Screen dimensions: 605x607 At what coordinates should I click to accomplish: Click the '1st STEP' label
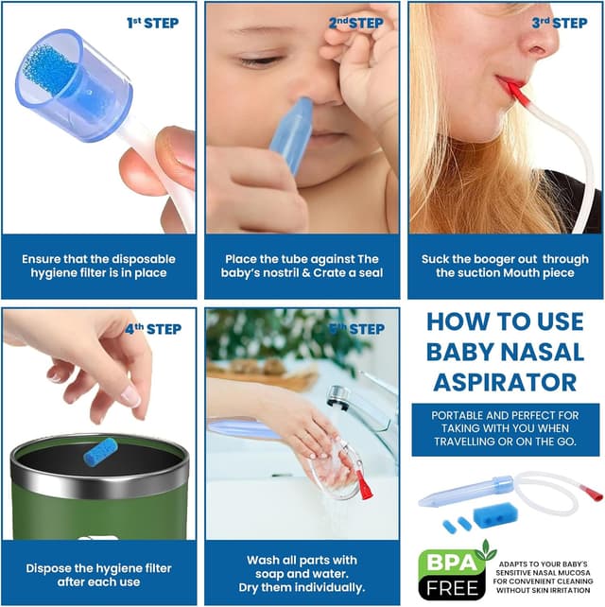152,23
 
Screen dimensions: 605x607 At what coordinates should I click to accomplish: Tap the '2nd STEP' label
356,23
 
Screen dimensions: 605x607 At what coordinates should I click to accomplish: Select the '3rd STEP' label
560,23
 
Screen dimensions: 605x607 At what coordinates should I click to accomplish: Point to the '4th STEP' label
153,329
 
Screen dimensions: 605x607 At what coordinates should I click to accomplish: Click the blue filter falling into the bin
100,451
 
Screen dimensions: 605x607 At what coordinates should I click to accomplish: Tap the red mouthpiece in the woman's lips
514,91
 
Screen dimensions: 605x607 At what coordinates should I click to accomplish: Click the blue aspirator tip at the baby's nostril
293,134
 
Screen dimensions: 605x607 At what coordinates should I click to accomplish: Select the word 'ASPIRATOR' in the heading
505,383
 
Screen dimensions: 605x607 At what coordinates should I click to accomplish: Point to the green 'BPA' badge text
451,562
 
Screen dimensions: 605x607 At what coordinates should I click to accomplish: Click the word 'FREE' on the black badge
452,588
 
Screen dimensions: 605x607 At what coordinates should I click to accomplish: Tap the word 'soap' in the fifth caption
268,574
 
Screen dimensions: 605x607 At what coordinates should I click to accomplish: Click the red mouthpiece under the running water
365,485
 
